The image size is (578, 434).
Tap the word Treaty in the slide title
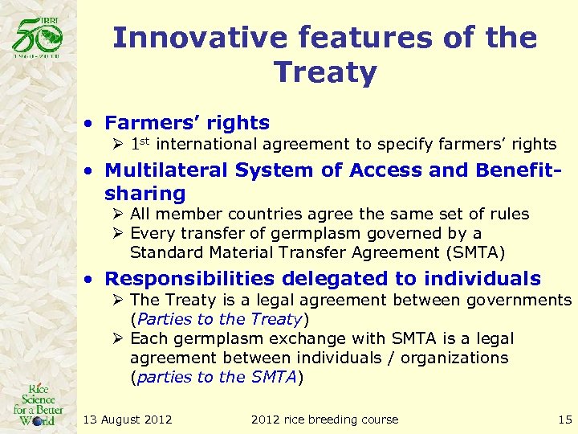[325, 72]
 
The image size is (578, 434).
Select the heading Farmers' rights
[187, 123]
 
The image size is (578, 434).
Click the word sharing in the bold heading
[145, 194]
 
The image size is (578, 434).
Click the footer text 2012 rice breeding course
[324, 419]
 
